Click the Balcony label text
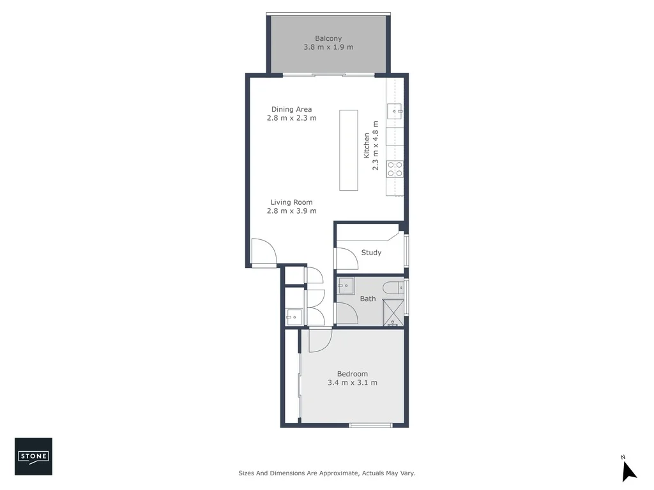tap(328, 38)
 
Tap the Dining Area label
tap(291, 109)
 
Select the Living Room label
tap(291, 202)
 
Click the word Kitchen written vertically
tap(367, 145)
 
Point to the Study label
tap(371, 253)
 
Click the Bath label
tap(368, 299)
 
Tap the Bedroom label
tap(352, 374)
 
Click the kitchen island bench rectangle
tap(349, 151)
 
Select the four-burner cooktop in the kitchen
tap(395, 168)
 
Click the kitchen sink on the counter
tap(395, 112)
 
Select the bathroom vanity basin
tap(346, 286)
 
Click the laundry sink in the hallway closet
tap(293, 316)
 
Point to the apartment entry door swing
tap(263, 251)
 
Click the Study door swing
tap(346, 258)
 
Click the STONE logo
tap(33, 456)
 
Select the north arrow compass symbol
tap(628, 470)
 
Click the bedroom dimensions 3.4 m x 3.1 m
tap(352, 383)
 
